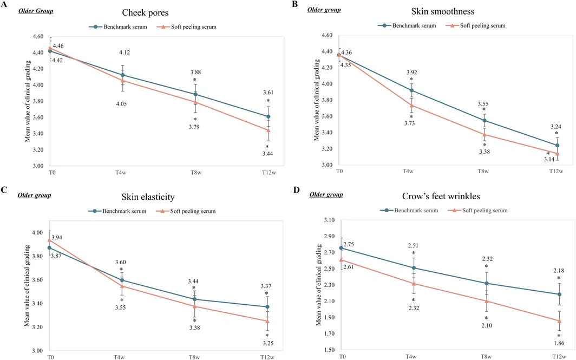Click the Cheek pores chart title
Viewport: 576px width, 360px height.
[145, 13]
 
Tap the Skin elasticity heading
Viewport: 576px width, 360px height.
[148, 197]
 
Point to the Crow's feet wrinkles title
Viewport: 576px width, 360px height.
[441, 196]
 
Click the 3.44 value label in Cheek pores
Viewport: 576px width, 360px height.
[267, 154]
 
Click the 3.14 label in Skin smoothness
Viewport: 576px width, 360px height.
[549, 159]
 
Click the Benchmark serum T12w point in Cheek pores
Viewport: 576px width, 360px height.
[268, 116]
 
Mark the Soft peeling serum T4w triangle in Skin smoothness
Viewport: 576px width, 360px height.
[411, 106]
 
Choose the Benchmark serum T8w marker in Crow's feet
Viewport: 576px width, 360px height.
[486, 283]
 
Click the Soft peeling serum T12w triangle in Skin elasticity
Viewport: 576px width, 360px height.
[267, 320]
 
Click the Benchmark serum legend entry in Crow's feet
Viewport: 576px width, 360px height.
[409, 211]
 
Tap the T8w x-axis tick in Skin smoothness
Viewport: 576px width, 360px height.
[483, 171]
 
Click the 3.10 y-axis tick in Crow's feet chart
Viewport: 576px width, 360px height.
[330, 220]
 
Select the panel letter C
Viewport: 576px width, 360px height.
[4, 190]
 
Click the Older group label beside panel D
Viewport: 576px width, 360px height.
[326, 194]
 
